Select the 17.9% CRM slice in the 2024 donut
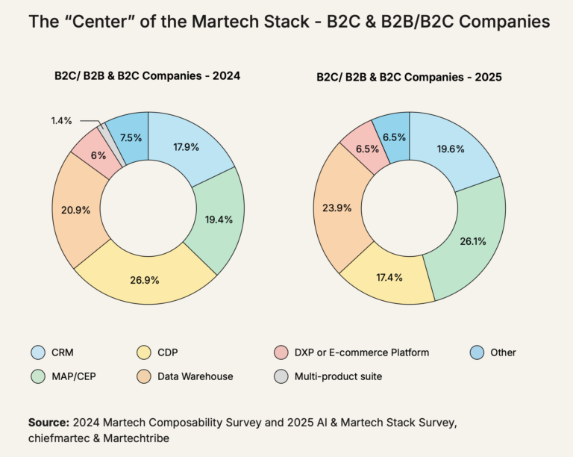(185, 147)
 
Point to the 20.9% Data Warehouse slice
(77, 210)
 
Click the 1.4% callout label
(62, 120)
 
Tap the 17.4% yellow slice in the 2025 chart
(389, 278)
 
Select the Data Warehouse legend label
(195, 376)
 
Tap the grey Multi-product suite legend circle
(281, 376)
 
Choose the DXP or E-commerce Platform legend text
(361, 352)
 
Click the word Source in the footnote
(48, 423)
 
